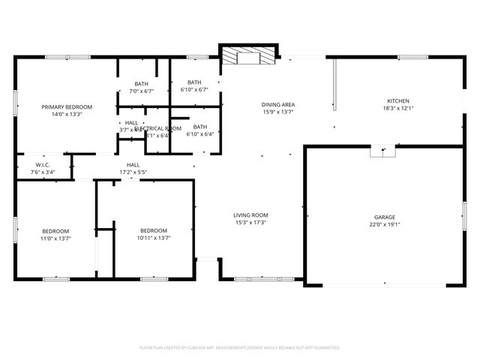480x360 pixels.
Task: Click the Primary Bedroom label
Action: [x=61, y=107]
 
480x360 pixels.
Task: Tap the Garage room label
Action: [x=385, y=217]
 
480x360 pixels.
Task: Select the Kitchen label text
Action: [x=397, y=101]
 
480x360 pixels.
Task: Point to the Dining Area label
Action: [x=277, y=105]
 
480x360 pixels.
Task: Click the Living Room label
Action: [x=251, y=214]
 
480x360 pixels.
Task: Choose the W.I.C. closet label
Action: [x=43, y=164]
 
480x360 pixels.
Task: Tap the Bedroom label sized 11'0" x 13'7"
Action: [x=55, y=230]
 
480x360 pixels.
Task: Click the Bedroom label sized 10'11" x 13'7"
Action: [x=154, y=230]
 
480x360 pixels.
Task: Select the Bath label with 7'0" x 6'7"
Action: [x=142, y=83]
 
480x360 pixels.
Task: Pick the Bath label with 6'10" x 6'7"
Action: [x=194, y=82]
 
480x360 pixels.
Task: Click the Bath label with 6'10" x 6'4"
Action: [x=199, y=127]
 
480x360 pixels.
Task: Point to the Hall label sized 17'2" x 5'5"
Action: [x=133, y=164]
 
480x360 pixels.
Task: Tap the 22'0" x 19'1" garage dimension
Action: [x=385, y=225]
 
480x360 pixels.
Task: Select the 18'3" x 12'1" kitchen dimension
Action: [x=397, y=109]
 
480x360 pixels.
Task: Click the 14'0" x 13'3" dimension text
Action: [x=61, y=115]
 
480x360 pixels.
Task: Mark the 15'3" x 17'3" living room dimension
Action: [x=251, y=222]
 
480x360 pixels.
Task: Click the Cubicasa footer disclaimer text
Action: [x=240, y=347]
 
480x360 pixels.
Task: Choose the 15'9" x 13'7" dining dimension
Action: [x=277, y=112]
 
